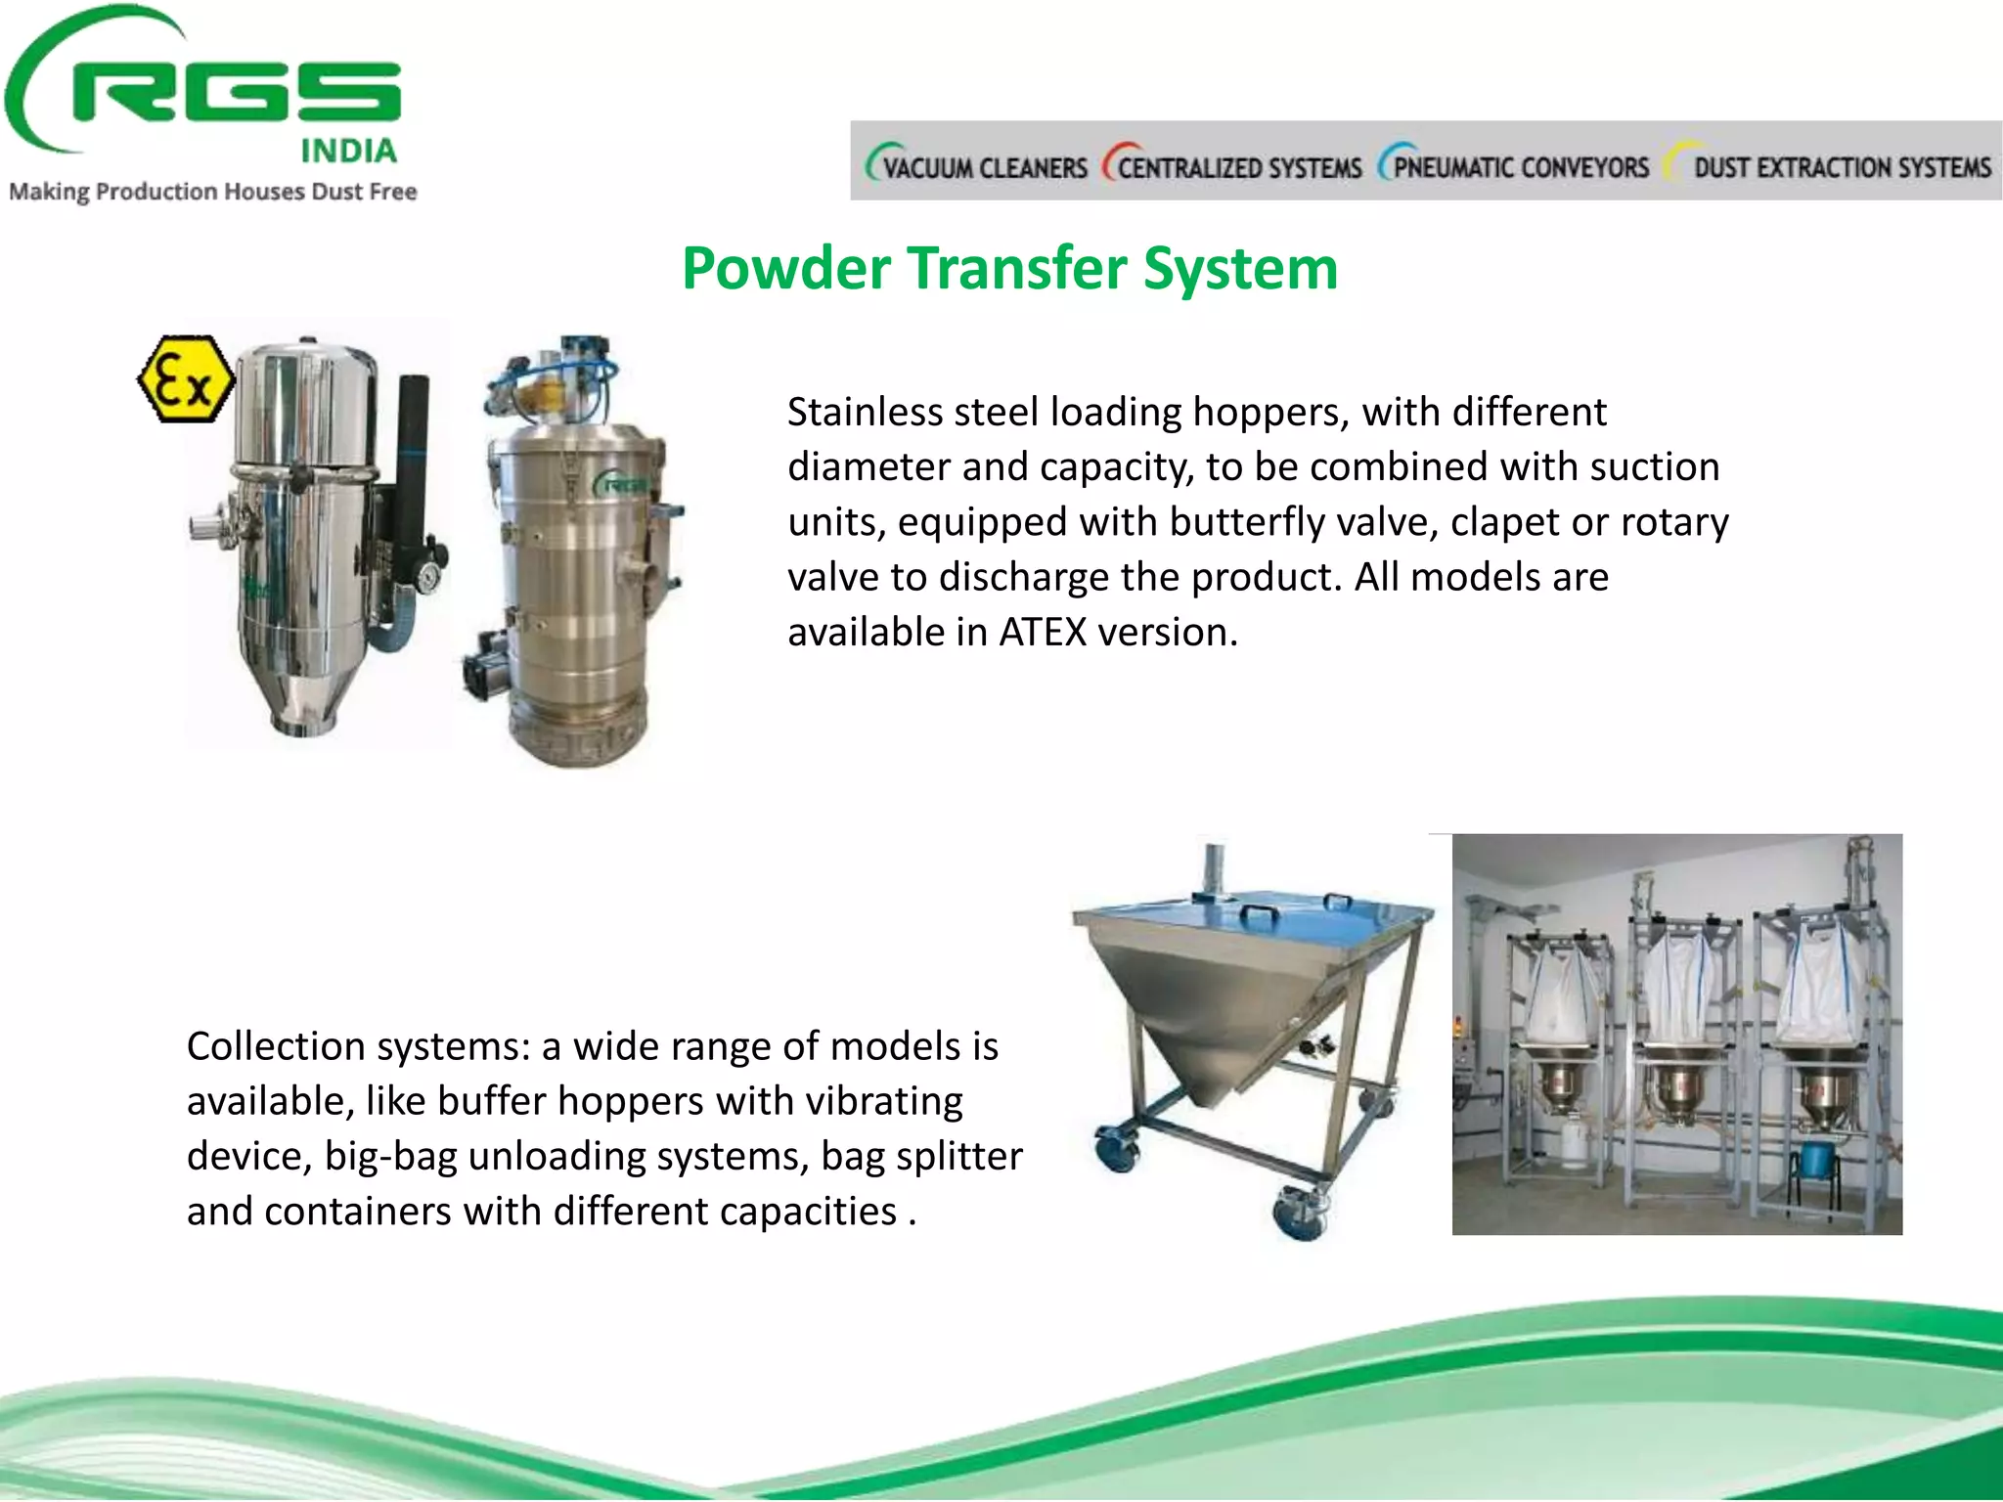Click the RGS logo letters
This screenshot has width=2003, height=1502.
click(235, 93)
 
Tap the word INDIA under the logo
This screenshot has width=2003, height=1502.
click(348, 151)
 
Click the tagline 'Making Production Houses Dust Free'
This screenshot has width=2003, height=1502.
click(213, 192)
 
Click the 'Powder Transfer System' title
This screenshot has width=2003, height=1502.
click(1009, 268)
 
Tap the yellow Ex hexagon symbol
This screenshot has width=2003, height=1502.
click(186, 379)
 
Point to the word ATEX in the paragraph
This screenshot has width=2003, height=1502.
click(1043, 633)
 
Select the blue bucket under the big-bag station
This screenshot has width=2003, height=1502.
click(1816, 1159)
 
